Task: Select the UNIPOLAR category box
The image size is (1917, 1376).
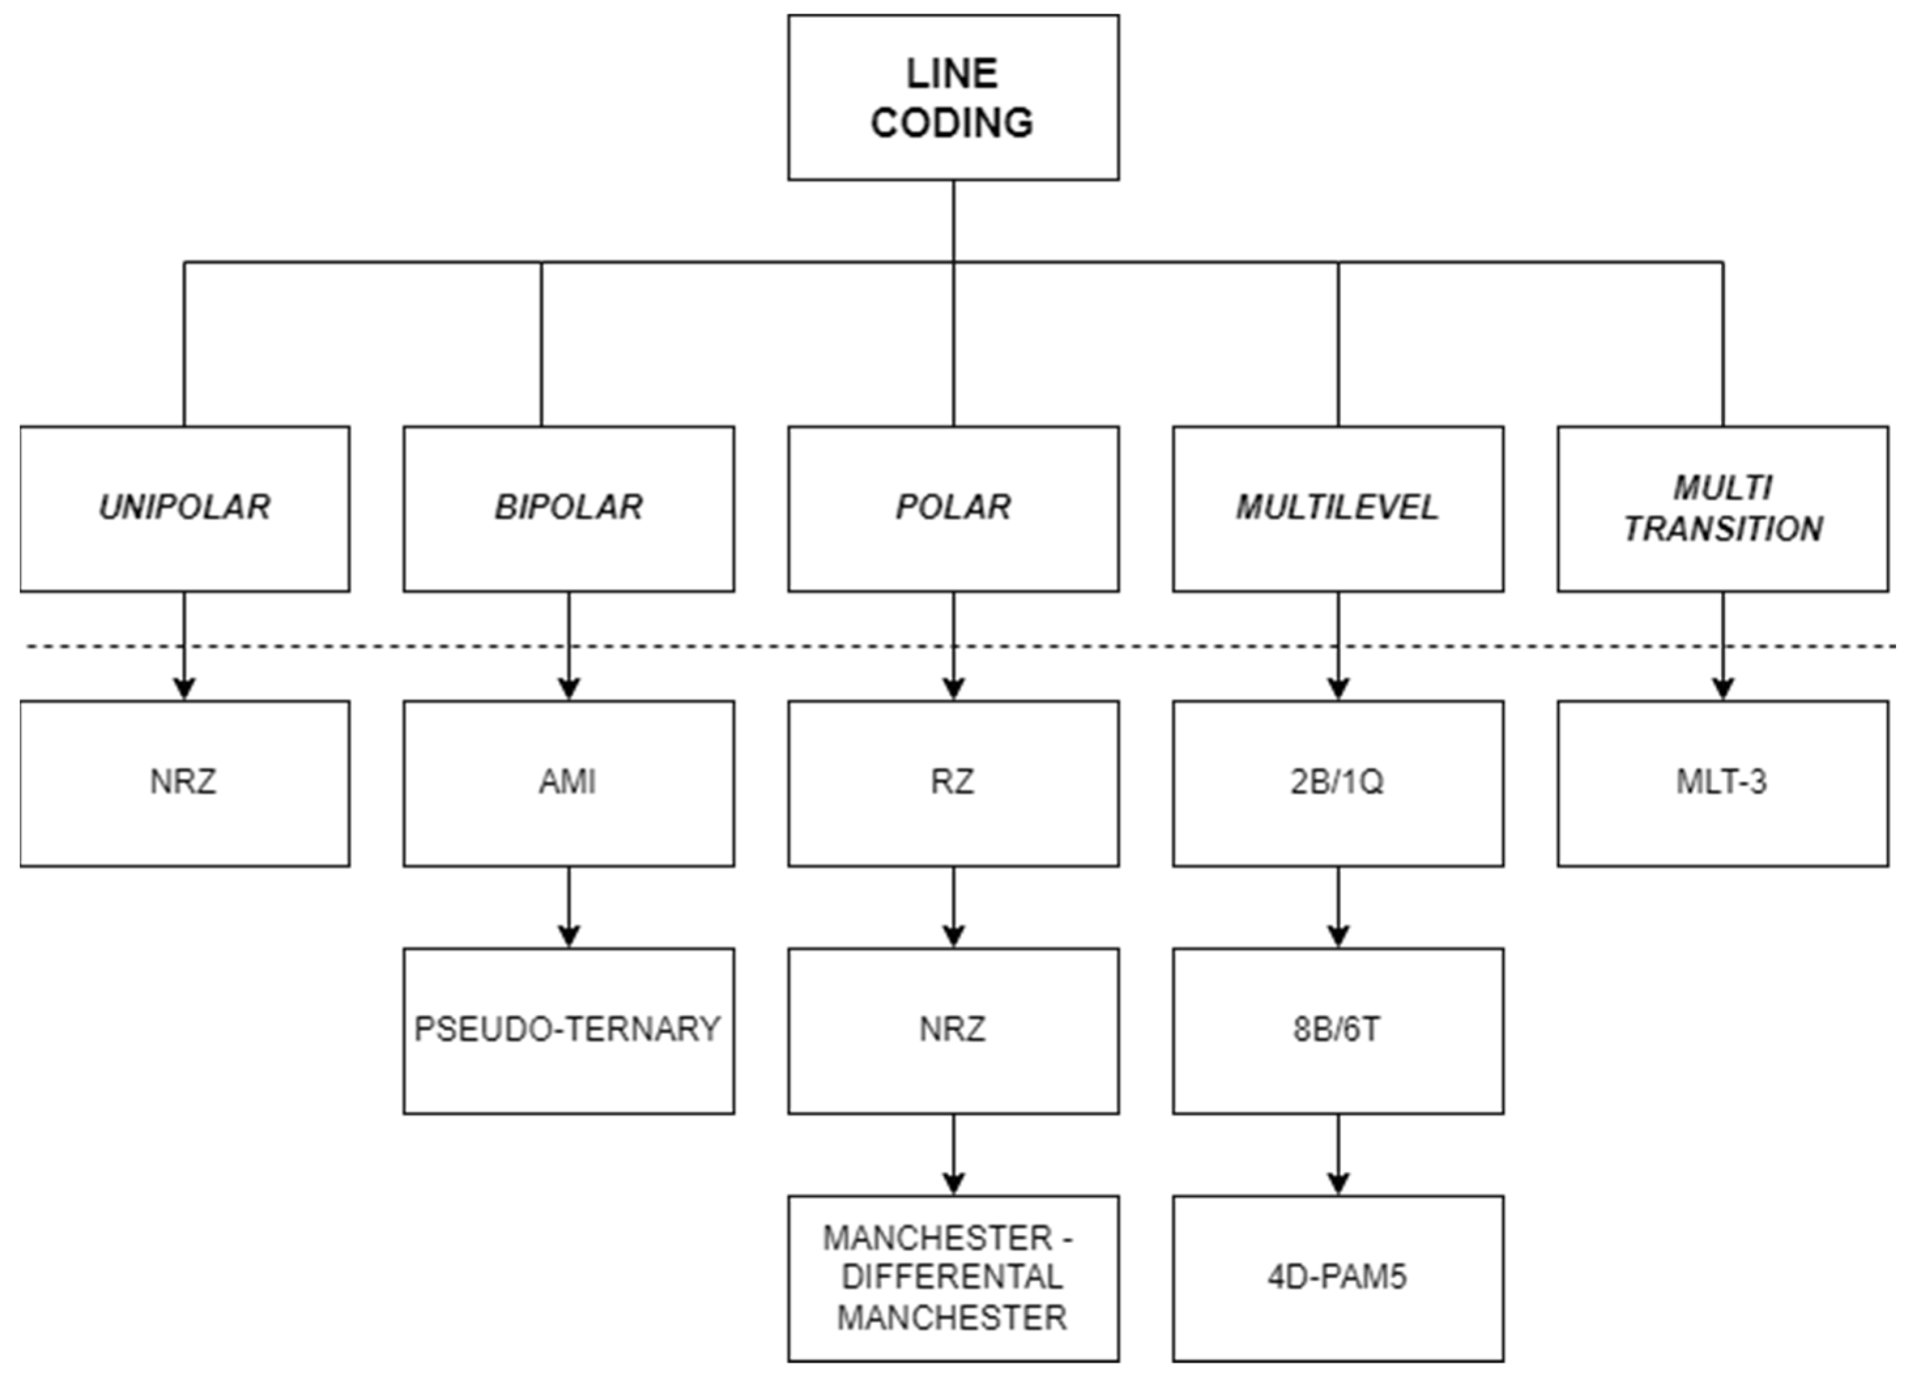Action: point(184,508)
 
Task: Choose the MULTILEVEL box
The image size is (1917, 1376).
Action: point(1337,508)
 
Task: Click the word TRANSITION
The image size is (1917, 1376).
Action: point(1722,529)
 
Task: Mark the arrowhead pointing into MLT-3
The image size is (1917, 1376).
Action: point(1722,689)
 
